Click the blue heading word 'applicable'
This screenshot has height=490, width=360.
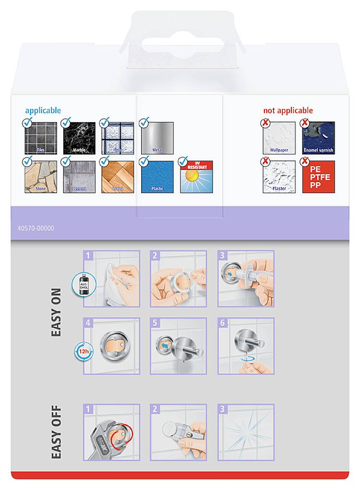point(43,110)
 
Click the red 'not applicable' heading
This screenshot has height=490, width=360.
point(288,110)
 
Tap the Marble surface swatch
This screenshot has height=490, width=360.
point(80,138)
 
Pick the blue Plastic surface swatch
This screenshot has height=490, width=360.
point(157,177)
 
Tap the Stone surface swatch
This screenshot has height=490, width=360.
point(41,177)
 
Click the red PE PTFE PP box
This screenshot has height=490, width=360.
point(318,177)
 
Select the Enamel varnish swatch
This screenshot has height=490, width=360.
point(318,138)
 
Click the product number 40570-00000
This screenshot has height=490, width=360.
point(32,228)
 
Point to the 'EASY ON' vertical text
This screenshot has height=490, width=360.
point(57,312)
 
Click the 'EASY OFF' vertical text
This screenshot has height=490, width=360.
point(57,432)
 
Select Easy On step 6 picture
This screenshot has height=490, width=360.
point(246,346)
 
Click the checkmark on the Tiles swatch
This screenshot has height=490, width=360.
point(28,122)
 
